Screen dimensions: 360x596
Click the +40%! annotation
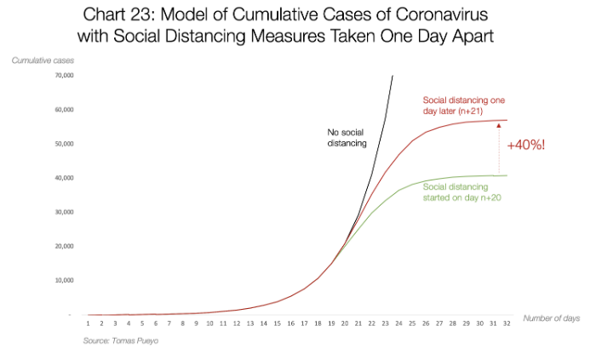point(525,145)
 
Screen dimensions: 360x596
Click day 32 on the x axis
point(507,323)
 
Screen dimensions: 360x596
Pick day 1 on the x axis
point(88,323)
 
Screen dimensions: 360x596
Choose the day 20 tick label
point(345,323)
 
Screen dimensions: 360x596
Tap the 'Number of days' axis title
point(552,317)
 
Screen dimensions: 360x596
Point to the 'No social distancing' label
point(347,138)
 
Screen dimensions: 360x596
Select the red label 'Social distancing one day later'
point(461,105)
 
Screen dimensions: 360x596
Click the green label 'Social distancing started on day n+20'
point(461,192)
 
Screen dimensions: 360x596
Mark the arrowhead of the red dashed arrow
point(498,125)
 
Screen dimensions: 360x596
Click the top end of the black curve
point(393,76)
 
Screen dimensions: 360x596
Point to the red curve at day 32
point(507,120)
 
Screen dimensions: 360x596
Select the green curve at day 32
point(507,175)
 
